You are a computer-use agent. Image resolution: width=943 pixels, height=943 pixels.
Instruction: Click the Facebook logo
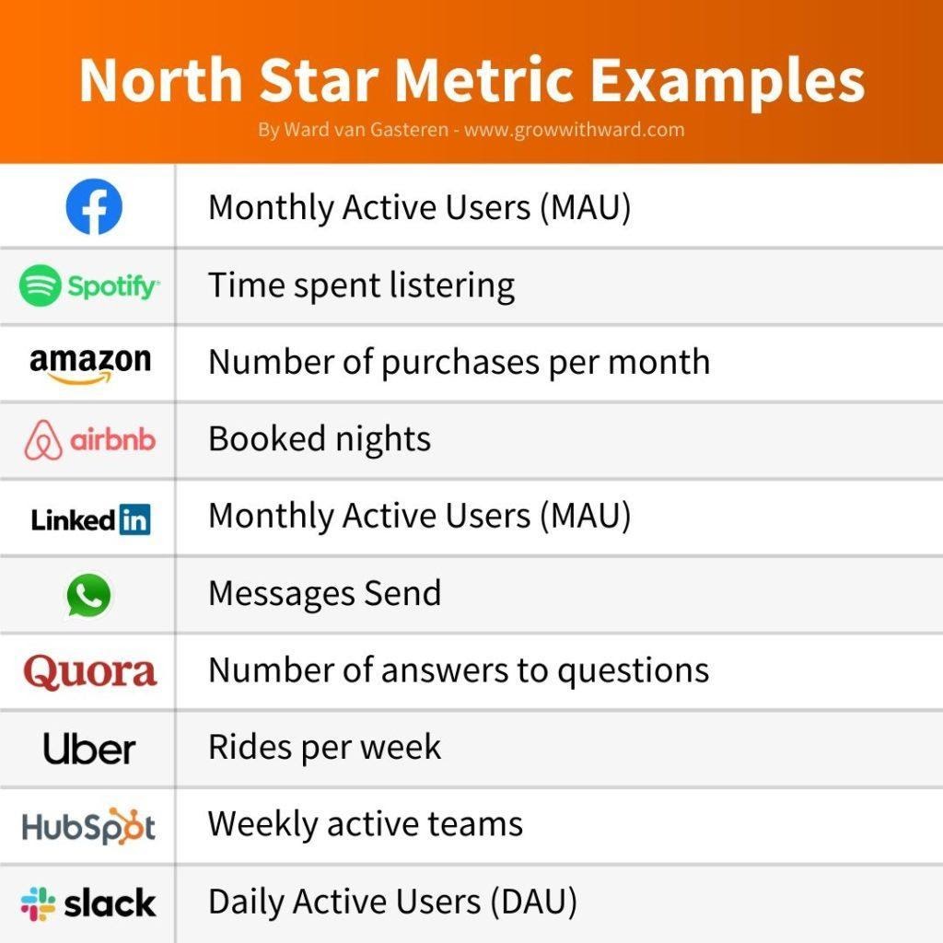tap(94, 208)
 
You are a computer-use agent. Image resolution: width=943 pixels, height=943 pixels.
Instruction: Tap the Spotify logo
tap(89, 286)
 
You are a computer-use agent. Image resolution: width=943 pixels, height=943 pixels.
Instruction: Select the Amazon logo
tap(89, 363)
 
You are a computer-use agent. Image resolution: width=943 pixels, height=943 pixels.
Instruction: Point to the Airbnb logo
tap(89, 440)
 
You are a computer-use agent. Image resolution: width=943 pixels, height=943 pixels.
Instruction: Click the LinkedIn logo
tap(90, 519)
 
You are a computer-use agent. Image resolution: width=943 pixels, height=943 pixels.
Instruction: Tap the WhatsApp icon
tap(89, 595)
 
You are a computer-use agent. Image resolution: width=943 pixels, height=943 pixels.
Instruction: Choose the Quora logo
tap(90, 671)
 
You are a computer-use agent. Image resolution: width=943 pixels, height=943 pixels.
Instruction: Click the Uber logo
tap(89, 748)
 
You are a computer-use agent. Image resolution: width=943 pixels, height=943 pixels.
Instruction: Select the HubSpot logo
tap(89, 826)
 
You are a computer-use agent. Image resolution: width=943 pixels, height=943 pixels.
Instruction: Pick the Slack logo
tap(89, 903)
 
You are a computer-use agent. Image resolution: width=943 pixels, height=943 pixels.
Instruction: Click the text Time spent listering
tap(361, 285)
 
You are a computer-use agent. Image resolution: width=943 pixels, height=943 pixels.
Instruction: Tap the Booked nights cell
tap(320, 439)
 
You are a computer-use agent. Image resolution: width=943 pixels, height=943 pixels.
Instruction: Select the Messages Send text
tap(325, 593)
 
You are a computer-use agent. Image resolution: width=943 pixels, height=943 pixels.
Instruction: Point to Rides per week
tap(325, 747)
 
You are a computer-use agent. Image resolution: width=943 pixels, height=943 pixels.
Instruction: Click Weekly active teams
tap(366, 823)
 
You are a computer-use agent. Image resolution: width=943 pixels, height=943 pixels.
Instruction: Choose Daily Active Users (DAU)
tap(393, 902)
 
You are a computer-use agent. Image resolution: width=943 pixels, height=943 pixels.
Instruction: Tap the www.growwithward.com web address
tap(574, 130)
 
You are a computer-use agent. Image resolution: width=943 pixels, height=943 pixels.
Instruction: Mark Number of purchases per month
tap(460, 362)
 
